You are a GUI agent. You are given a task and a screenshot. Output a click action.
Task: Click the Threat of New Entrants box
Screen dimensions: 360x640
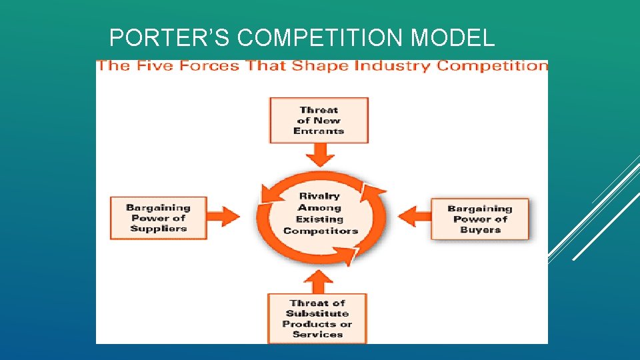pos(319,120)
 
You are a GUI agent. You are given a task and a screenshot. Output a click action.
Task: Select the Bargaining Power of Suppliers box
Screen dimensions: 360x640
pos(158,218)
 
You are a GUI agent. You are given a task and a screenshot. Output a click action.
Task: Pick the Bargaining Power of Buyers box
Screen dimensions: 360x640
pos(480,219)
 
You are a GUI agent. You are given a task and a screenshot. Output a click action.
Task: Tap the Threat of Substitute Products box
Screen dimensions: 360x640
pos(317,319)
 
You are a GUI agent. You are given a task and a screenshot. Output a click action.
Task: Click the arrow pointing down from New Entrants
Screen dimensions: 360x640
pos(319,155)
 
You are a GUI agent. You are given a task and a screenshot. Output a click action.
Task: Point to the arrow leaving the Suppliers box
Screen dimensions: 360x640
pos(224,215)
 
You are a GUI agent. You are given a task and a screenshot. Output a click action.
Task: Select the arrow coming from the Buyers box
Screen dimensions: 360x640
pos(414,216)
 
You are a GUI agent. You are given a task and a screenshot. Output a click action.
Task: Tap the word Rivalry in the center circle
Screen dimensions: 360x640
pos(319,196)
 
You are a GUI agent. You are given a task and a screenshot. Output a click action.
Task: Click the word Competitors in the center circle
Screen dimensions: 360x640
pos(320,231)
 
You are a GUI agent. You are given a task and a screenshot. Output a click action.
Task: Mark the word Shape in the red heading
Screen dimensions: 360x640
pos(317,66)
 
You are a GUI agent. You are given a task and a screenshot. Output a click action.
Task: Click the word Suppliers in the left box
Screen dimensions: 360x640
pos(158,229)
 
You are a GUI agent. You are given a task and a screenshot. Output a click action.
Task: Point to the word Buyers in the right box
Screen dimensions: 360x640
pos(480,229)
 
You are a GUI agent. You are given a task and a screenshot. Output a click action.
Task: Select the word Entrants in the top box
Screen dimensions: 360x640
pos(319,131)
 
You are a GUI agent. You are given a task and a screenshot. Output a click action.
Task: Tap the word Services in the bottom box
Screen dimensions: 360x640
pos(317,335)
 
